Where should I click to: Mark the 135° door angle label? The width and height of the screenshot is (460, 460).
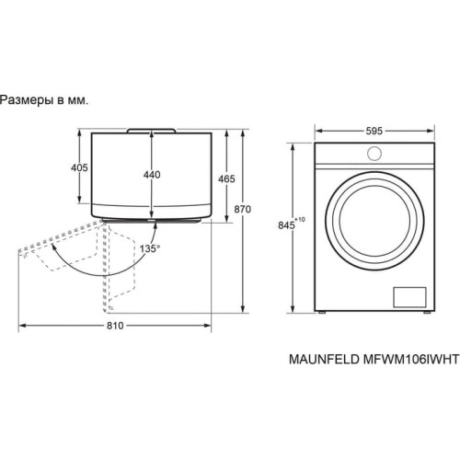point(149,248)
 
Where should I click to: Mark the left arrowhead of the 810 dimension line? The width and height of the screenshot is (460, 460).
point(22,323)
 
